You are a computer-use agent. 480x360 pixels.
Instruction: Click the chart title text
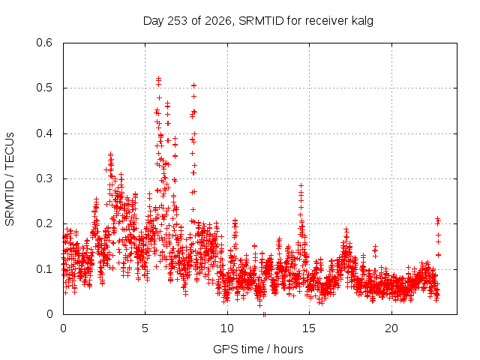[258, 21]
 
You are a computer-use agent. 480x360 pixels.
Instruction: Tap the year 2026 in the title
[218, 21]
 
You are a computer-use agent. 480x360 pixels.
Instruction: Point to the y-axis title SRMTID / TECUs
[10, 179]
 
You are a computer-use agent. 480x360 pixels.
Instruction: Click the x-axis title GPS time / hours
[258, 349]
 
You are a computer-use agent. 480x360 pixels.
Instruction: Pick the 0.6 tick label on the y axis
[44, 43]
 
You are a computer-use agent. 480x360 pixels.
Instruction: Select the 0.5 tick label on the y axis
[44, 88]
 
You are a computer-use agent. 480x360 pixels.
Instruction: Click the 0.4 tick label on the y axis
[44, 133]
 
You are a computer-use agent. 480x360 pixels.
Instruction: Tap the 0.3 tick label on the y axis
[44, 178]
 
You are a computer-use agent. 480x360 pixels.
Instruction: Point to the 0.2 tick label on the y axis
[44, 223]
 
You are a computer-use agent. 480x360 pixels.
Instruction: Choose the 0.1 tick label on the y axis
[44, 269]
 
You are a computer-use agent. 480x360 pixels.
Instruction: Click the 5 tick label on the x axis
[145, 328]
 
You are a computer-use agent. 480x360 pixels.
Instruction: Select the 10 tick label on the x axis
[227, 328]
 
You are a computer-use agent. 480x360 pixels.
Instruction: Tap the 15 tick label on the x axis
[309, 328]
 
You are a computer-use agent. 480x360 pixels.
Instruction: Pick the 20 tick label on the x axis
[391, 328]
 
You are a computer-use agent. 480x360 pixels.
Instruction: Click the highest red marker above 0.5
[158, 78]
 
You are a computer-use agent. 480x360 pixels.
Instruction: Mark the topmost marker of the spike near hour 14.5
[301, 185]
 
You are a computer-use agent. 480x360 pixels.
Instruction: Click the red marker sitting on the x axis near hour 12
[264, 314]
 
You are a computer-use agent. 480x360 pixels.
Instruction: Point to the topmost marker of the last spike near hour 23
[438, 218]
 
